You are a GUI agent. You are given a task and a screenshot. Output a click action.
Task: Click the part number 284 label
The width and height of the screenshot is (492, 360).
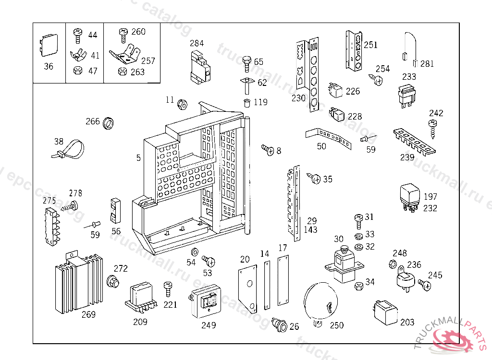tap(197, 43)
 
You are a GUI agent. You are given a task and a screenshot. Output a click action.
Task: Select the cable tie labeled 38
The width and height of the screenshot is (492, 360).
tap(69, 150)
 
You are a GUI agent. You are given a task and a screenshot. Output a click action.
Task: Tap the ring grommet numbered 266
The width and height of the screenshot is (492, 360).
tap(109, 122)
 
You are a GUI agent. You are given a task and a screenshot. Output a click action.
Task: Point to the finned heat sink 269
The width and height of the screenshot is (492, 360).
tap(77, 282)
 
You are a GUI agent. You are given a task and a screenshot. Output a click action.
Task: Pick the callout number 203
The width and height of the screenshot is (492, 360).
tap(407, 322)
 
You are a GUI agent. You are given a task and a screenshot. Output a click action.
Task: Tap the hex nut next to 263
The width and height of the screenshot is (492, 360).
tap(122, 72)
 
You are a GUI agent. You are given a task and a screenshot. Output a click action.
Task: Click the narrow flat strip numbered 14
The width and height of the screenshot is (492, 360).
tap(267, 283)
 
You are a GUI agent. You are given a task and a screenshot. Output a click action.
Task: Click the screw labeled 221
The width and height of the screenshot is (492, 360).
tap(168, 289)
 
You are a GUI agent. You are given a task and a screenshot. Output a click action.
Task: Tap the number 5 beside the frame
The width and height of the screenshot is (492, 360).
tap(138, 157)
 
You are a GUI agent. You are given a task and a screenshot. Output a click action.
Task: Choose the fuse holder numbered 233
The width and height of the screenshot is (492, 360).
tap(406, 94)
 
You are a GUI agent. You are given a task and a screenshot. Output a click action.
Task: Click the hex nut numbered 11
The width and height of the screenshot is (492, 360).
tap(182, 104)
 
